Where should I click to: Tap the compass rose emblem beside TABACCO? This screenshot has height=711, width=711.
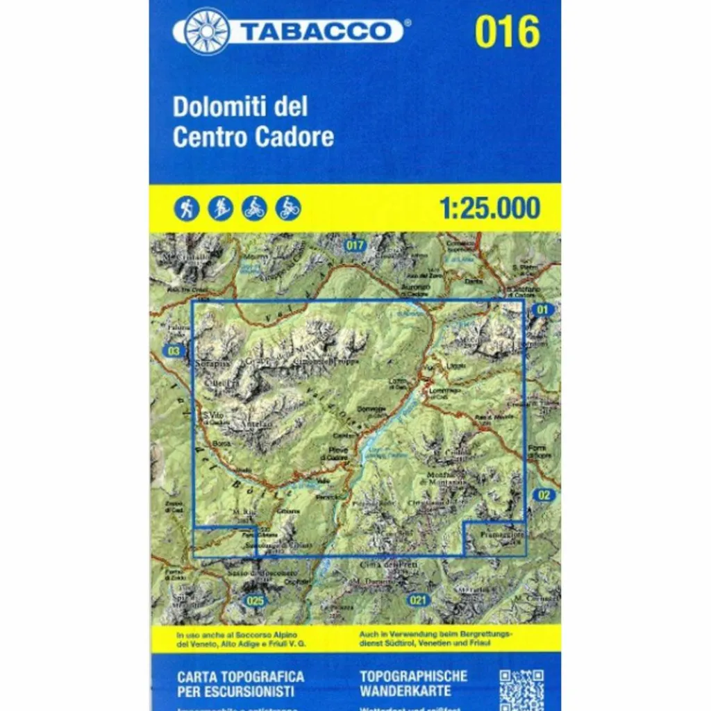point(206,31)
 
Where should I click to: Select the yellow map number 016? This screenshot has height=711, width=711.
point(507,31)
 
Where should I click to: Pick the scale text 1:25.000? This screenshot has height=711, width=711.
point(490,208)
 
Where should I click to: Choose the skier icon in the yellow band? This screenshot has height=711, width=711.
point(221,208)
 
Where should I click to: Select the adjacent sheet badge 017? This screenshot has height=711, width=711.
point(354,244)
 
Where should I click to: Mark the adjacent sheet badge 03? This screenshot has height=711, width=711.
point(174,351)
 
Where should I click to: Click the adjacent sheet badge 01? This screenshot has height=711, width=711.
point(542,310)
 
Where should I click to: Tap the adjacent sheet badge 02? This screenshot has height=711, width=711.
point(545,495)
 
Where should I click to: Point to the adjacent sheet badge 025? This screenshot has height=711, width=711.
point(255,600)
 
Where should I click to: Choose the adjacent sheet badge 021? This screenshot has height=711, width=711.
point(417,600)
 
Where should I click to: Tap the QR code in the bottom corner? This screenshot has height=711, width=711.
point(521,690)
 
